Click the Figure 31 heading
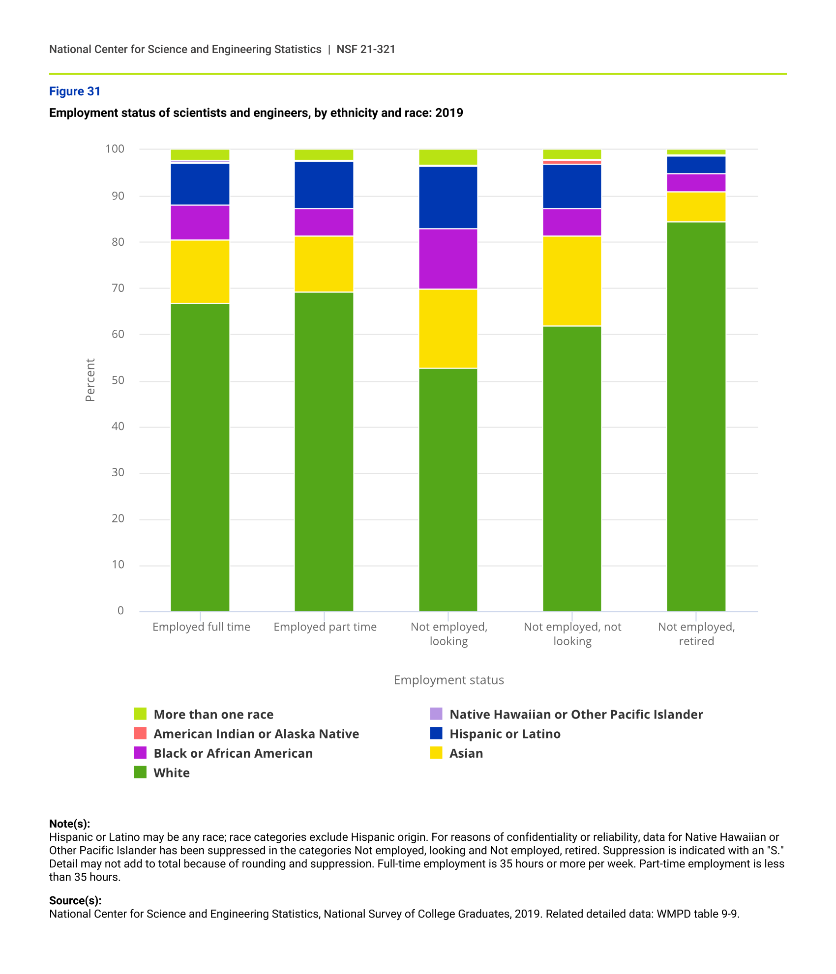[75, 91]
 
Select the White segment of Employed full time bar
[200, 457]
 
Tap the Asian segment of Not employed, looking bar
[448, 328]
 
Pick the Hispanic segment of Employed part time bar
[324, 185]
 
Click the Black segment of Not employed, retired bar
[696, 183]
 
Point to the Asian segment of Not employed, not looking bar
[572, 281]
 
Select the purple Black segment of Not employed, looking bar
[448, 259]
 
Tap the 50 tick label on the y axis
[118, 380]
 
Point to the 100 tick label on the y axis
[115, 148]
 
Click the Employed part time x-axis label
[325, 627]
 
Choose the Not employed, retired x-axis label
[696, 633]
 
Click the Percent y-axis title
[90, 380]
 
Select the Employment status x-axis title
[448, 680]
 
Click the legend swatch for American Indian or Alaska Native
[141, 733]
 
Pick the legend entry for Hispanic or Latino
[505, 734]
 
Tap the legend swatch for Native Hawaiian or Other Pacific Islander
[436, 714]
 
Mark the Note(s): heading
[69, 824]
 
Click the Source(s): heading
[75, 900]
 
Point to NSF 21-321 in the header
[366, 49]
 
